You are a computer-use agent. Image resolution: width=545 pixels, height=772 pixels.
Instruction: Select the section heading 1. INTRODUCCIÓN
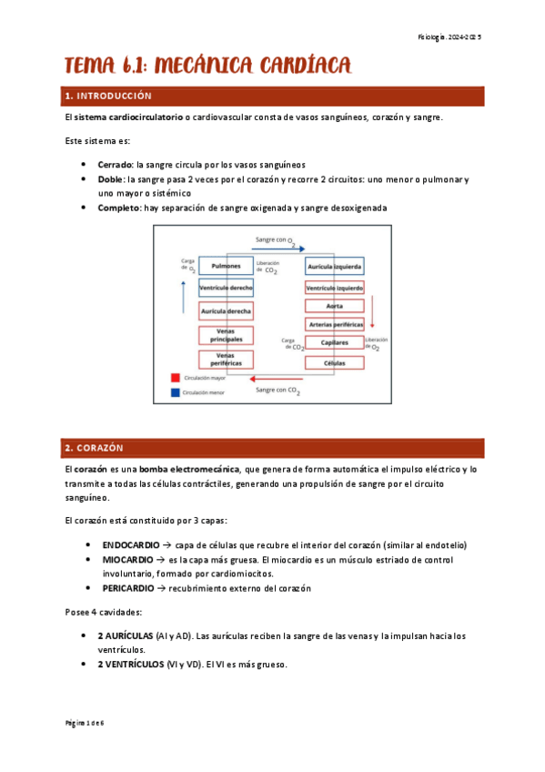107,96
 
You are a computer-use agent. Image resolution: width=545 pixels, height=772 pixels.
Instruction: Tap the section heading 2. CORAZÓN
95,448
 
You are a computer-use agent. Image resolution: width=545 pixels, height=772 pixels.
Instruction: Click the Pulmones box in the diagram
226,266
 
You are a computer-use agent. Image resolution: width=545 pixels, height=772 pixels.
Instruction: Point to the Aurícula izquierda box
334,266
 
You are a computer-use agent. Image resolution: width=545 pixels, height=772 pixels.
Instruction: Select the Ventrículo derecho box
226,288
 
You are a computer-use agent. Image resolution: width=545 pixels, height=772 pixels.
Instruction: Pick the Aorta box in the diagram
334,306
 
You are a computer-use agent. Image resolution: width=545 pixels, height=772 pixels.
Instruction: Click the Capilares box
334,343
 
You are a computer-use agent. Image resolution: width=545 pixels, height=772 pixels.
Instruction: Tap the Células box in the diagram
334,362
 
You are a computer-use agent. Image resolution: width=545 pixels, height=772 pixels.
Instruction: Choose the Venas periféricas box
226,359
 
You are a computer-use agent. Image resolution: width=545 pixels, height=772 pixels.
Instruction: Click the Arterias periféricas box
334,324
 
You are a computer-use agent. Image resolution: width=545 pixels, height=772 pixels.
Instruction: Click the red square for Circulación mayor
173,376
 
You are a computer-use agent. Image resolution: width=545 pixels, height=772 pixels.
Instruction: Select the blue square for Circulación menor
173,392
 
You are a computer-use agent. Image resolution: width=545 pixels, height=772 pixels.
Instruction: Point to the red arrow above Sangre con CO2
278,379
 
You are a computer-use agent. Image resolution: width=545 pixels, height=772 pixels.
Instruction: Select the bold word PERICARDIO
129,588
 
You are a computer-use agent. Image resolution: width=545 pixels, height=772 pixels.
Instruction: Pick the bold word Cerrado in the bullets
115,165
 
